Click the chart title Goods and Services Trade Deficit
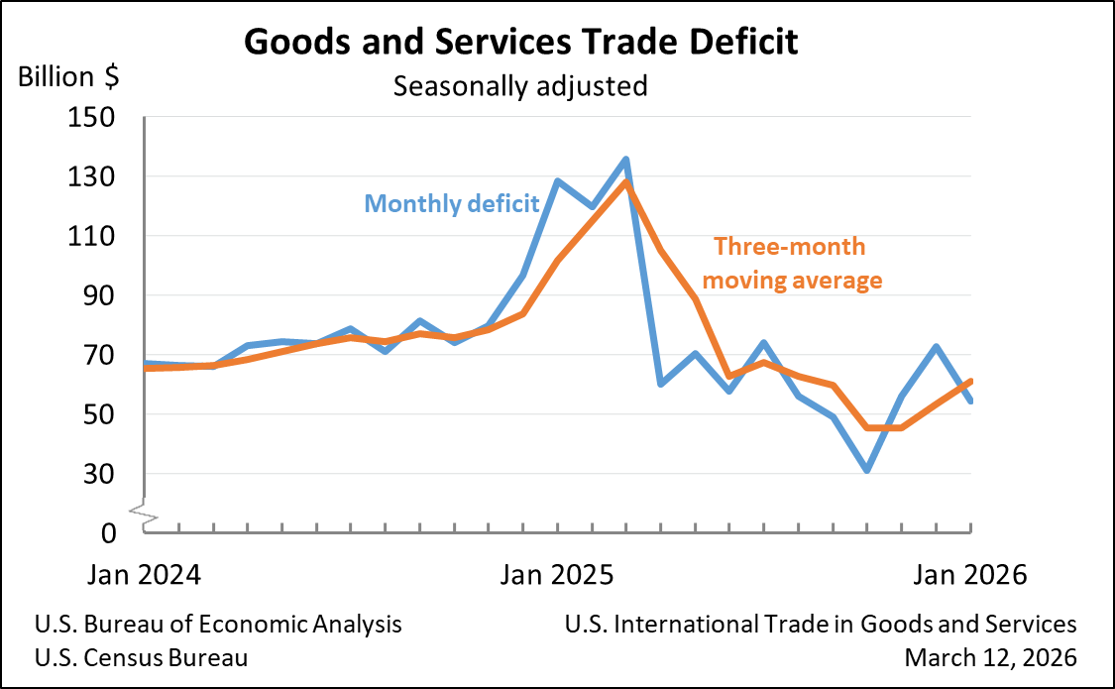click(x=520, y=43)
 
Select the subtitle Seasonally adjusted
click(x=520, y=86)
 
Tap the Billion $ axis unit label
click(x=69, y=76)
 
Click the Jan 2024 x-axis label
click(x=145, y=575)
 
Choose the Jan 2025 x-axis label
click(x=557, y=575)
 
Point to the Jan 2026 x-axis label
click(x=968, y=575)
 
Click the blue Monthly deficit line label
click(x=452, y=204)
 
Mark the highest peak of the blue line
click(x=626, y=159)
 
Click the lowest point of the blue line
click(x=867, y=470)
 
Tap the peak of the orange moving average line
click(x=626, y=182)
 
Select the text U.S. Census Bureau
click(x=141, y=657)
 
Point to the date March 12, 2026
click(x=990, y=657)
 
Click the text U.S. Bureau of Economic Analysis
click(x=218, y=625)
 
